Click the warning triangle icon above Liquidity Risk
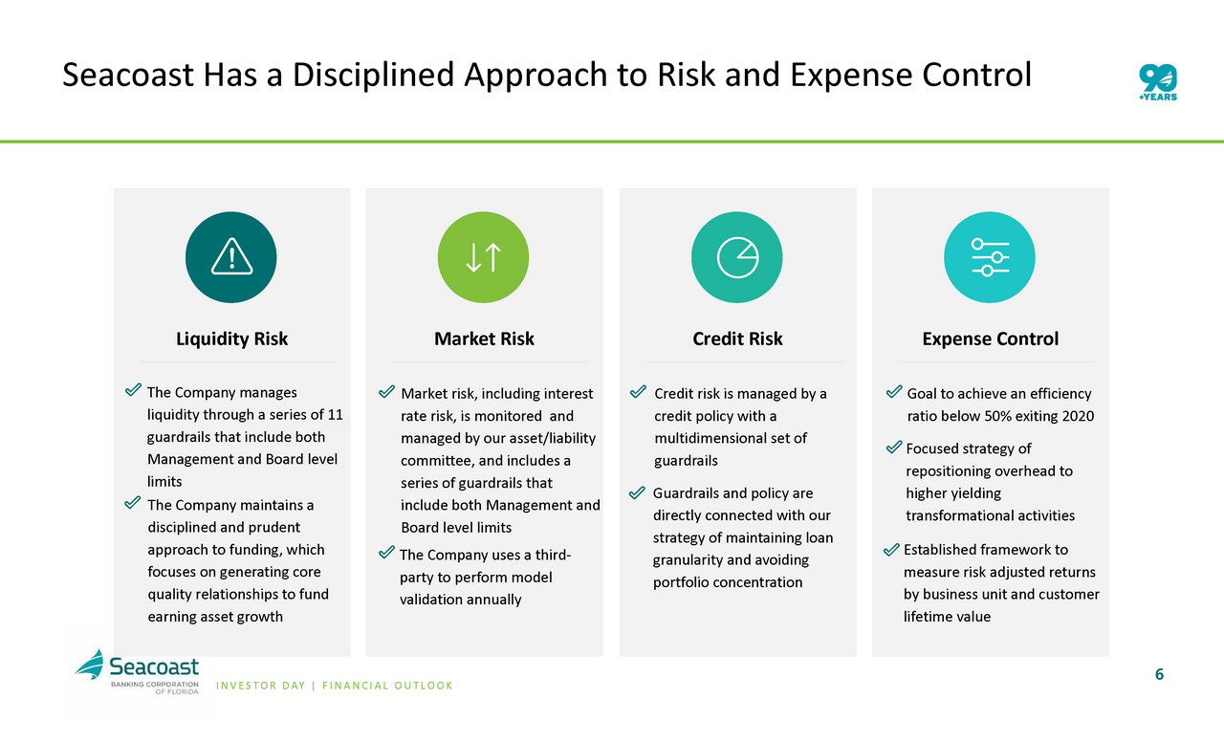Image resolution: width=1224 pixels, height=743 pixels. click(231, 256)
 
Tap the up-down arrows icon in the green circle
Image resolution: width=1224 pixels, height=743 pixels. click(484, 257)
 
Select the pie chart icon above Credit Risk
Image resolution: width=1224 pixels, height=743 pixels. click(737, 257)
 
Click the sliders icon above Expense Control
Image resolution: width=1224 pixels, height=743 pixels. click(990, 257)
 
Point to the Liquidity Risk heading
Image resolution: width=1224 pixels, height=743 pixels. click(231, 339)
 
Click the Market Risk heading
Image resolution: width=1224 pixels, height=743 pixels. click(484, 339)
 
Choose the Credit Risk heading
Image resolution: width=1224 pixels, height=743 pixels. click(737, 339)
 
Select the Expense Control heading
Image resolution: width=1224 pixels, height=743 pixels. click(990, 339)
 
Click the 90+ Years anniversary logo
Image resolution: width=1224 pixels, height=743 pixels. click(1158, 82)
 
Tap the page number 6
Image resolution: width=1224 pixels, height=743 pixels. click(1160, 674)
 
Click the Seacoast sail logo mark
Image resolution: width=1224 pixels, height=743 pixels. click(90, 665)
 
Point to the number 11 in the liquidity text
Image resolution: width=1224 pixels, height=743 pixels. click(335, 415)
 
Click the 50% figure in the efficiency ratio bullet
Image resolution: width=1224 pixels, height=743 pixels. click(999, 416)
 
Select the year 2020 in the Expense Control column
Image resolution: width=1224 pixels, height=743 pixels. click(1078, 416)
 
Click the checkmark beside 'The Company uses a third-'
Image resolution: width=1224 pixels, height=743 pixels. click(386, 553)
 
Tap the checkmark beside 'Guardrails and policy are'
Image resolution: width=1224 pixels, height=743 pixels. click(637, 492)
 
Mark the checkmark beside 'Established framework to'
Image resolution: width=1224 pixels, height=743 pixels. click(891, 549)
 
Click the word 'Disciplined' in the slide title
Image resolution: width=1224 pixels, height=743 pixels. click(374, 75)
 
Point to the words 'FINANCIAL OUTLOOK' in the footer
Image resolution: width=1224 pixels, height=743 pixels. click(387, 686)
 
